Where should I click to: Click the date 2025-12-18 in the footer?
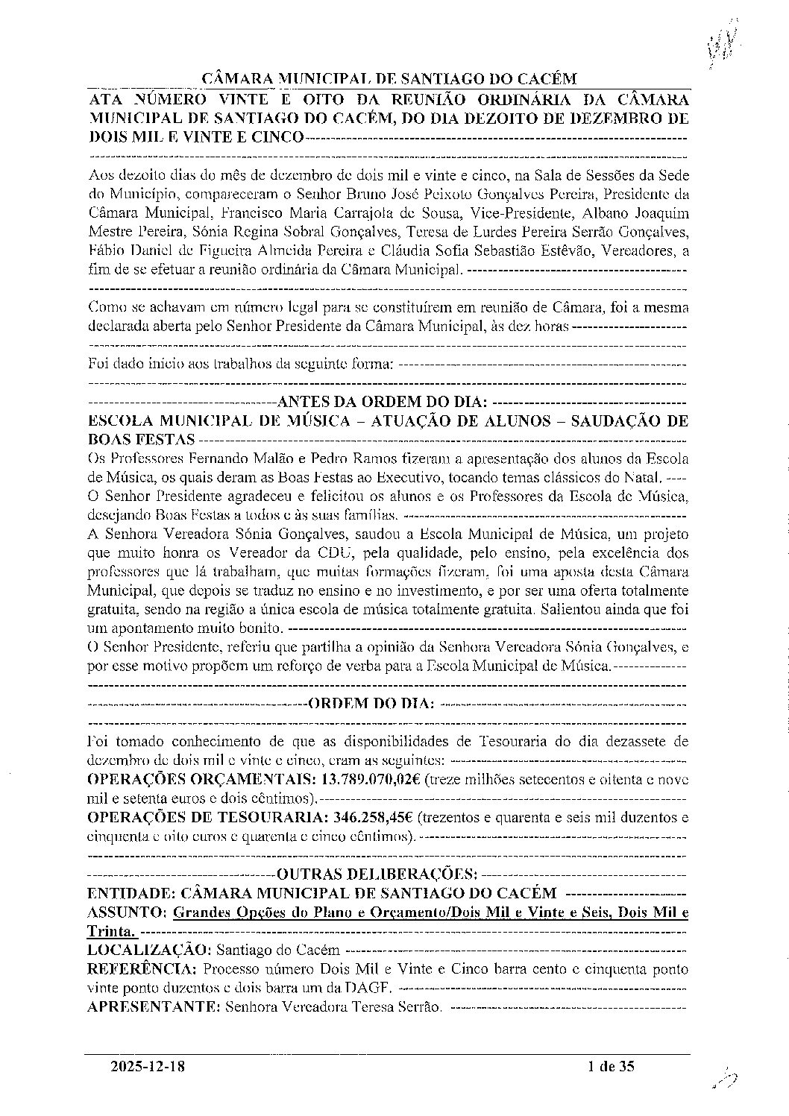tap(147, 1067)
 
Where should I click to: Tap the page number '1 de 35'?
tap(610, 1067)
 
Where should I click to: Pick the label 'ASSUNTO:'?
tap(126, 912)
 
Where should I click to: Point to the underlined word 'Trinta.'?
tap(112, 932)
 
